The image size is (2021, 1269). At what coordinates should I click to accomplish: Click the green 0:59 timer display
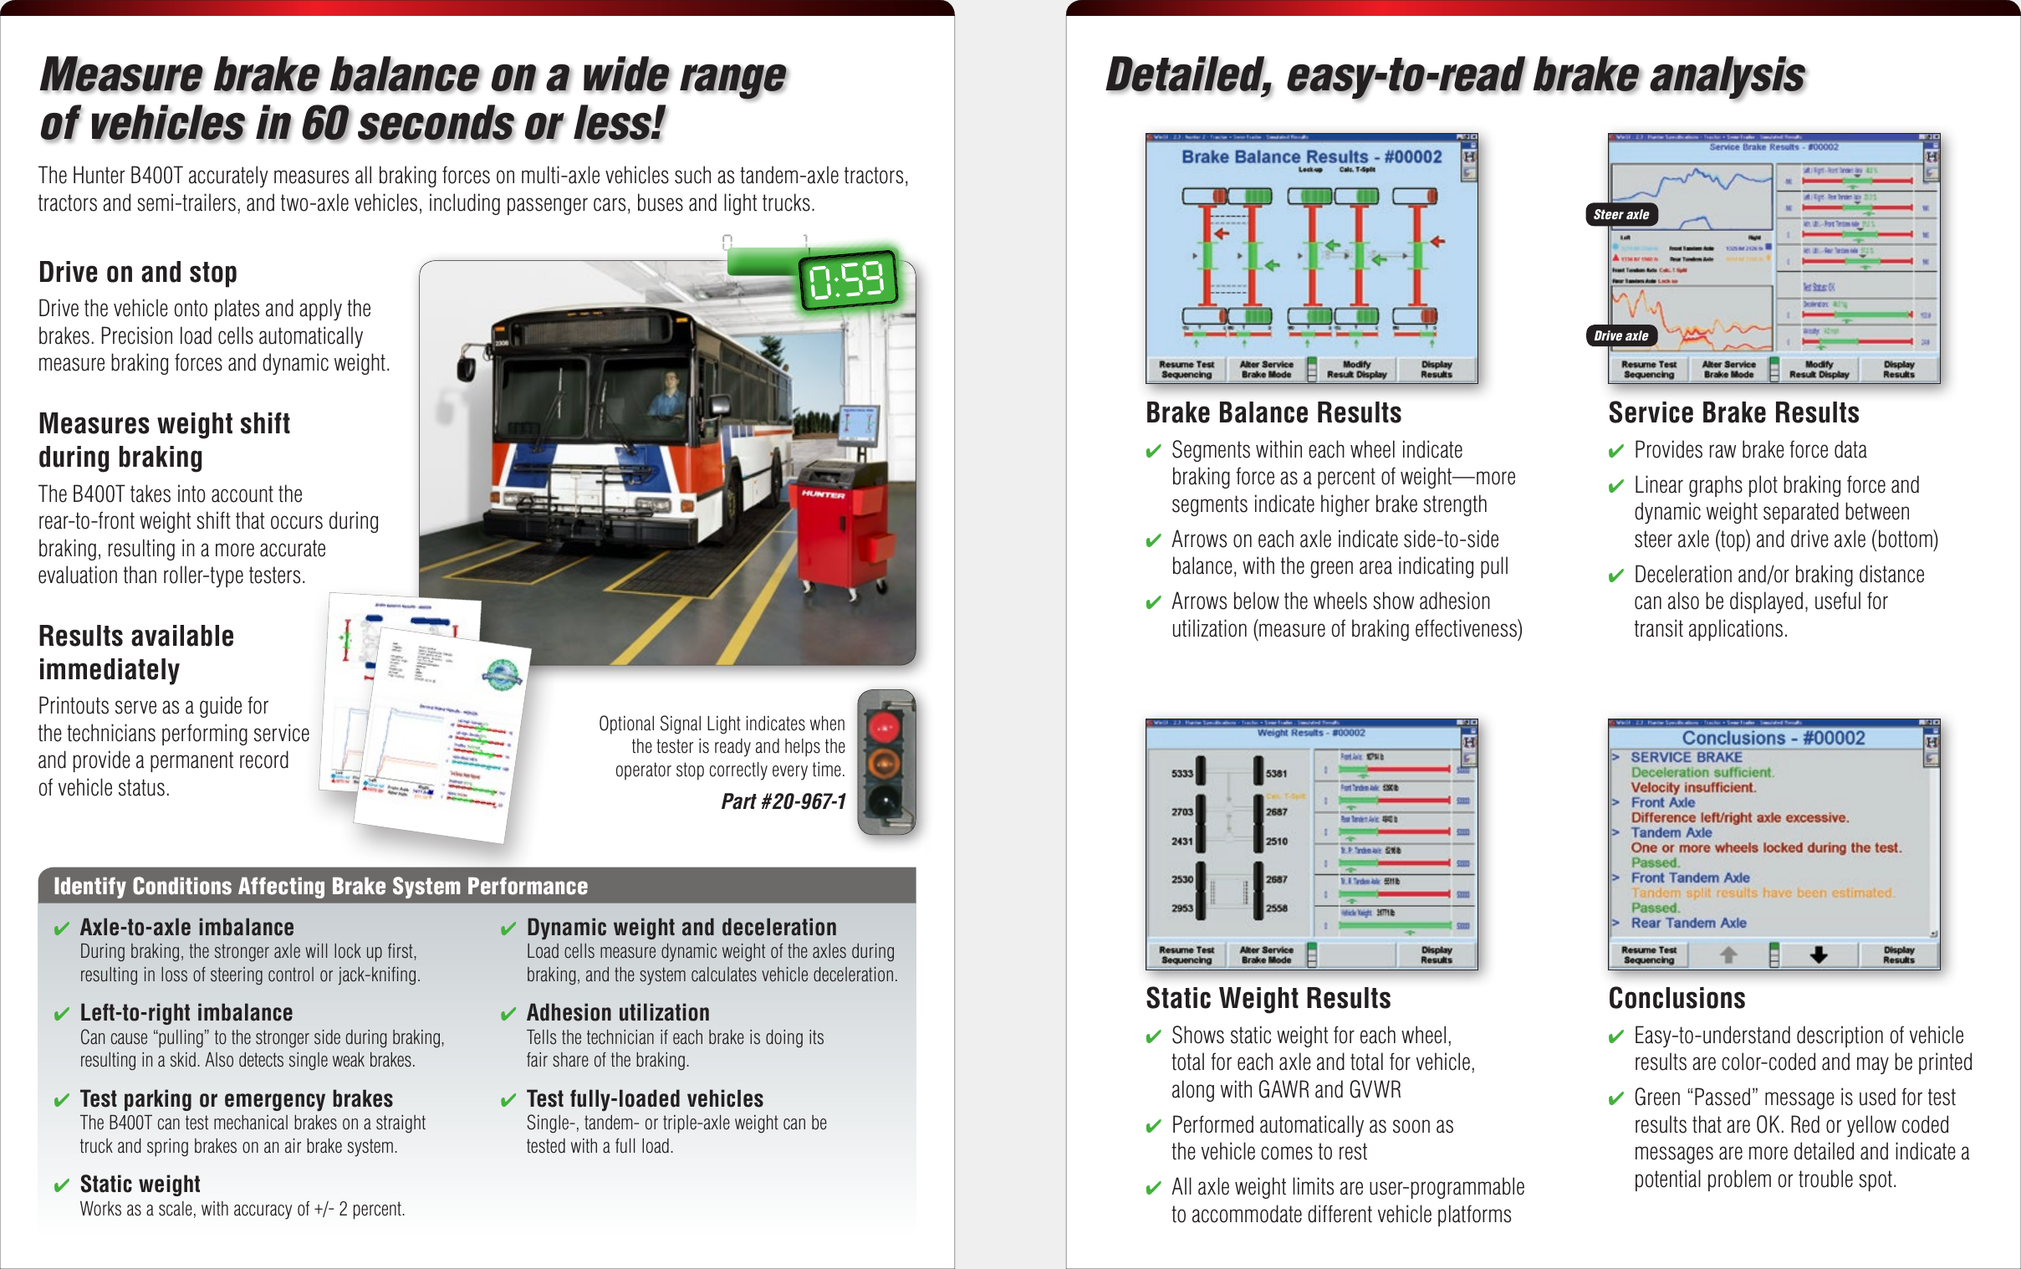click(847, 279)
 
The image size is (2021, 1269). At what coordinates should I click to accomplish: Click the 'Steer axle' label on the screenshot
click(1620, 215)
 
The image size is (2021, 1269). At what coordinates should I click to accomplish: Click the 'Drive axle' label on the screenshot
click(1620, 335)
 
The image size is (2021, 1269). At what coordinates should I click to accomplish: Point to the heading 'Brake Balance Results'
click(1273, 413)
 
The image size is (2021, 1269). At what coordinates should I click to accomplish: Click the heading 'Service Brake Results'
click(1733, 413)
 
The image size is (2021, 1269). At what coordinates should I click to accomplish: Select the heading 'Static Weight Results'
click(1268, 998)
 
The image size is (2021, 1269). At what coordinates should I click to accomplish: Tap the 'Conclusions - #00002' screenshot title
click(1773, 738)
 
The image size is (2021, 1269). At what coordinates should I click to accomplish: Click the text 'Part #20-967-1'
click(783, 801)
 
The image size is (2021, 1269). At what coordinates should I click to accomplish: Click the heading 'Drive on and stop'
click(138, 272)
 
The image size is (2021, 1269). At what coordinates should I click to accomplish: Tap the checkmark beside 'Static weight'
click(61, 1185)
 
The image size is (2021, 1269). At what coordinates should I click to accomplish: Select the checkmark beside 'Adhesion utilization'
click(508, 1014)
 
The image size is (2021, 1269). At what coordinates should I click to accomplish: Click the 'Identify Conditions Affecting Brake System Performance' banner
click(320, 886)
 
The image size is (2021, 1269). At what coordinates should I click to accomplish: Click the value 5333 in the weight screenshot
click(1181, 773)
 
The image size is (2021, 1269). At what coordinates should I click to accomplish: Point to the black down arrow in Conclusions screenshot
click(1818, 954)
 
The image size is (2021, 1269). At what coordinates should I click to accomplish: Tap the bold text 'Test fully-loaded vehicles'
click(645, 1098)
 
